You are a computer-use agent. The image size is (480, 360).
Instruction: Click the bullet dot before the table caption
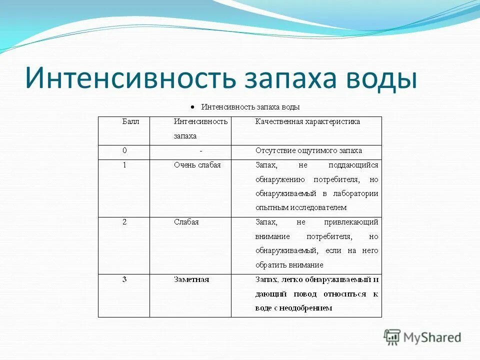192,107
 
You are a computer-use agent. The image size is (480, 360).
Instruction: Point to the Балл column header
131,121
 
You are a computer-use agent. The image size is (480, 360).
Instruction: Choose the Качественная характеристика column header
307,121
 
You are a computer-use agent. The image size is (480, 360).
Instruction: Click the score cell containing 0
124,150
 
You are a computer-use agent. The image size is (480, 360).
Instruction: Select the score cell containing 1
124,165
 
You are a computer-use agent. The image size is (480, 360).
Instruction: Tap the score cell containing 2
124,222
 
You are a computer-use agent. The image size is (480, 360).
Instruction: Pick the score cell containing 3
124,279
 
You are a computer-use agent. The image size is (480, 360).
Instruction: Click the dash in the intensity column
200,151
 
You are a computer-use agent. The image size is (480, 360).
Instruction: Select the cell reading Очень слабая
197,165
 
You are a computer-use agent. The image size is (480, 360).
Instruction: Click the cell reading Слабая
186,222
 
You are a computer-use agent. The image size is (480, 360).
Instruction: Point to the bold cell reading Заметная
191,279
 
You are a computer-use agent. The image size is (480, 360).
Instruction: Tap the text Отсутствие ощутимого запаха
308,150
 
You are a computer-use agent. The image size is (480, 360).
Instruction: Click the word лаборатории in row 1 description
357,193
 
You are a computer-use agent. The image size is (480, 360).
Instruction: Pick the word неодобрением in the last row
307,308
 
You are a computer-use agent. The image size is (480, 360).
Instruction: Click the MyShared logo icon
392,337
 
